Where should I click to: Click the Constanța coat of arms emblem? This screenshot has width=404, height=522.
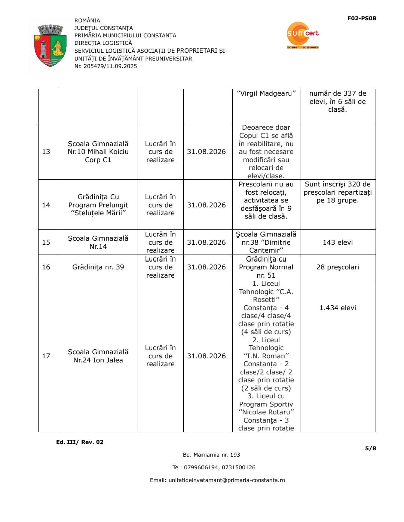pyautogui.click(x=50, y=46)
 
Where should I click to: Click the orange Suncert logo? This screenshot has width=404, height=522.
pyautogui.click(x=302, y=35)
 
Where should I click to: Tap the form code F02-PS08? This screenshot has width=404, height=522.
pyautogui.click(x=361, y=18)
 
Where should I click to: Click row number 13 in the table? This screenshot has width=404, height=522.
pyautogui.click(x=46, y=152)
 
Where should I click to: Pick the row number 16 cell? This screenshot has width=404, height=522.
pyautogui.click(x=46, y=267)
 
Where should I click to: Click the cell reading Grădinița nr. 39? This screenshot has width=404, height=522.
pyautogui.click(x=98, y=267)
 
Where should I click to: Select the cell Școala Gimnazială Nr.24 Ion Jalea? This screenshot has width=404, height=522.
pyautogui.click(x=98, y=356)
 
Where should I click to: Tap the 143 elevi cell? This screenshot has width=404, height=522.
pyautogui.click(x=337, y=243)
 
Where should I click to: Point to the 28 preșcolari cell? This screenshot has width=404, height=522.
pyautogui.click(x=337, y=267)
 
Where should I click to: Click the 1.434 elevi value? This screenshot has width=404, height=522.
pyautogui.click(x=337, y=308)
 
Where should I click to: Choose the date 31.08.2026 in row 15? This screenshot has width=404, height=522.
pyautogui.click(x=206, y=243)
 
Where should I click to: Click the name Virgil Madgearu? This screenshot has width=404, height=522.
pyautogui.click(x=266, y=93)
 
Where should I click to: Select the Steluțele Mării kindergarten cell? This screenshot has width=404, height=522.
pyautogui.click(x=98, y=205)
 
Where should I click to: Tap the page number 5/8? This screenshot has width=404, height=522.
pyautogui.click(x=370, y=448)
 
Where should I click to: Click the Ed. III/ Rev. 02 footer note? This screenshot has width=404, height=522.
pyautogui.click(x=80, y=442)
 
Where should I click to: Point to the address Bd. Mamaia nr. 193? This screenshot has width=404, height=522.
pyautogui.click(x=211, y=455)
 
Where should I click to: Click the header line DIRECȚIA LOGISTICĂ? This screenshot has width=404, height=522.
pyautogui.click(x=103, y=43)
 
